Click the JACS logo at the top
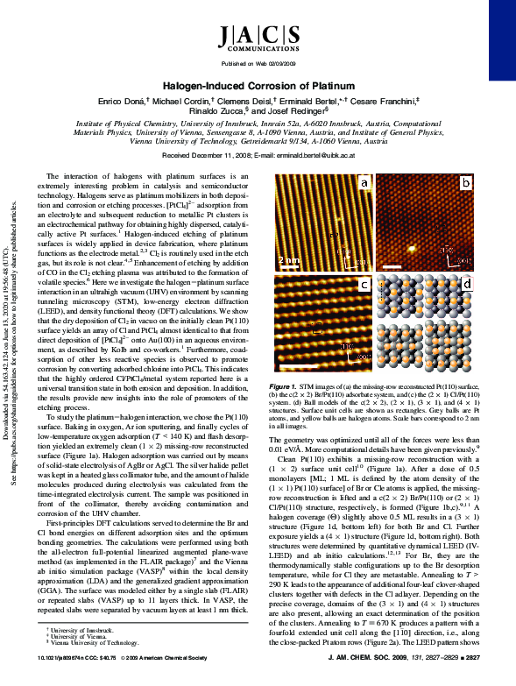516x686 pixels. [x=258, y=38]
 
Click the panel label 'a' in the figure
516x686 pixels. [x=363, y=183]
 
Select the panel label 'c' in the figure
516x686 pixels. [x=363, y=286]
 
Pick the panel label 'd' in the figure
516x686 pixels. [x=467, y=286]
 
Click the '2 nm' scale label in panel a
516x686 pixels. [x=288, y=260]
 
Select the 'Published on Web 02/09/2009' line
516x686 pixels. [x=258, y=64]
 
